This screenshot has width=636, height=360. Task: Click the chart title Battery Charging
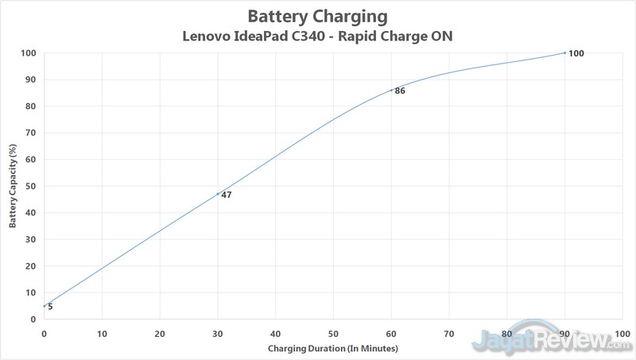pyautogui.click(x=318, y=16)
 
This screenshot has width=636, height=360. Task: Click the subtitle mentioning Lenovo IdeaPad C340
pyautogui.click(x=318, y=36)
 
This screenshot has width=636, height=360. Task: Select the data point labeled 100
pyautogui.click(x=564, y=52)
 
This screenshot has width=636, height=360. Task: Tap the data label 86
pyautogui.click(x=400, y=91)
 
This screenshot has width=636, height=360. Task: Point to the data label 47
pyautogui.click(x=227, y=195)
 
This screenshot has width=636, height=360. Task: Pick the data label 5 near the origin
pyautogui.click(x=50, y=307)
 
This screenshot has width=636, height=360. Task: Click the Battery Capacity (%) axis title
pyautogui.click(x=13, y=187)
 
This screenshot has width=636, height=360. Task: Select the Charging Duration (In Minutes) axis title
pyautogui.click(x=332, y=349)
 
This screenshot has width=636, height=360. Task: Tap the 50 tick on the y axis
pyautogui.click(x=31, y=186)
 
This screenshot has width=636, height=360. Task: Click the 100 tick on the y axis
pyautogui.click(x=29, y=53)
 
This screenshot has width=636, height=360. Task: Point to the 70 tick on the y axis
pyautogui.click(x=31, y=133)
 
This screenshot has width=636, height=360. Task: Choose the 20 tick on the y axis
pyautogui.click(x=31, y=266)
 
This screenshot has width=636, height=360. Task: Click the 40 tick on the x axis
pyautogui.click(x=275, y=333)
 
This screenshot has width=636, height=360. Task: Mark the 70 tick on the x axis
pyautogui.click(x=449, y=333)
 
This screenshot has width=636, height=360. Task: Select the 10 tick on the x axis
pyautogui.click(x=102, y=333)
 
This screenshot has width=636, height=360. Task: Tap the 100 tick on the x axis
pyautogui.click(x=622, y=333)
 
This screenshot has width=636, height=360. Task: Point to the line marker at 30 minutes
pyautogui.click(x=218, y=194)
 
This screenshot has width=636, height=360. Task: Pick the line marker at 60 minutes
pyautogui.click(x=391, y=90)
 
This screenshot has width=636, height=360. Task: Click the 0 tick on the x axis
pyautogui.click(x=44, y=333)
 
